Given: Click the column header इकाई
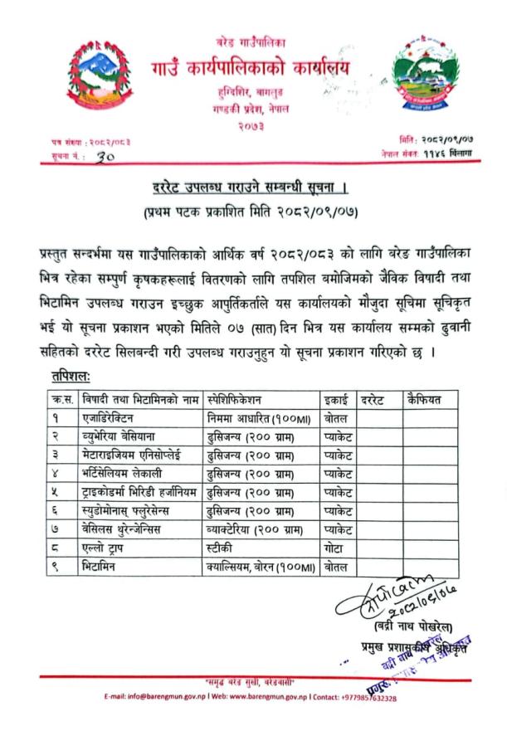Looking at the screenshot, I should (x=336, y=400).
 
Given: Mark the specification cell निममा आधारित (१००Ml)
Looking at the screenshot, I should (x=258, y=417).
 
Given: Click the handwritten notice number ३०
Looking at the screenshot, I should (x=105, y=156).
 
